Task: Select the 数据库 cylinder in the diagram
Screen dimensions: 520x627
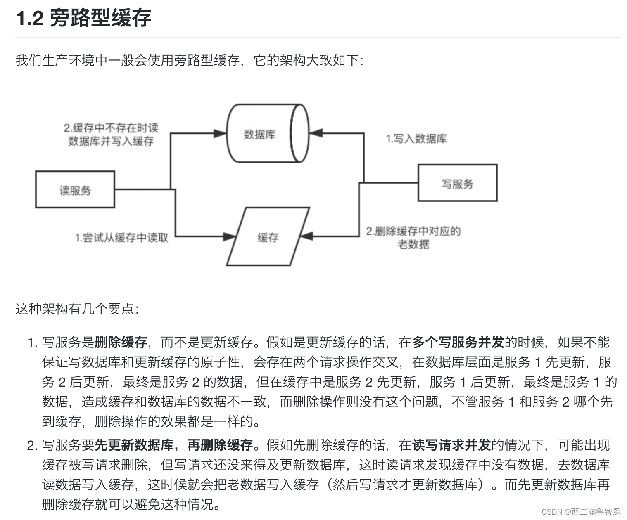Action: point(265,134)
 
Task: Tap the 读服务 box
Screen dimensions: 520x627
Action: point(75,190)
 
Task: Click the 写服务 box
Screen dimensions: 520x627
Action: point(457,183)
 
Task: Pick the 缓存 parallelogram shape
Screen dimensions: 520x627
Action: point(268,237)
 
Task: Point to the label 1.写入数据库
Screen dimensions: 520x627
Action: point(416,139)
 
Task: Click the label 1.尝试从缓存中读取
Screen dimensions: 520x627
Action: point(121,238)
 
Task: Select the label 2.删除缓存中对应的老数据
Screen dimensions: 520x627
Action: point(413,237)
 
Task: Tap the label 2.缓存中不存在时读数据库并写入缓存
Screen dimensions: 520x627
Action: point(111,135)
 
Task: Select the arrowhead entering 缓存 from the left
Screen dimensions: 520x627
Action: point(229,237)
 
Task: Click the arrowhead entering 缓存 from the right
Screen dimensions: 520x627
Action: point(306,236)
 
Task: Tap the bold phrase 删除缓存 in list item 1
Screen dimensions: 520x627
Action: point(121,342)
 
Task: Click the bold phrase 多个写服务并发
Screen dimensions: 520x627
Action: point(458,342)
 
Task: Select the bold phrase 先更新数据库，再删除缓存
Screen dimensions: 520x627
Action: point(173,445)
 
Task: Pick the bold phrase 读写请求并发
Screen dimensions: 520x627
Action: point(451,445)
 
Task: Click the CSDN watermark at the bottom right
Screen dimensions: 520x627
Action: point(580,512)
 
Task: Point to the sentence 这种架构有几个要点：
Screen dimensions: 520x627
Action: point(77,309)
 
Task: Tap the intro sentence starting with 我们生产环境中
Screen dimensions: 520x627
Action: point(190,61)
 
